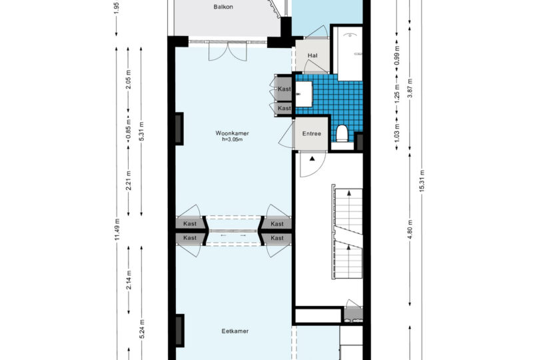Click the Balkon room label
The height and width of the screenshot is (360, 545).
coord(223,7)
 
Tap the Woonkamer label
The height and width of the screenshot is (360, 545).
coord(232,133)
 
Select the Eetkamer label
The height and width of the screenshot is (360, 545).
coord(235,331)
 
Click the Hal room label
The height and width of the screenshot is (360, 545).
coord(312,55)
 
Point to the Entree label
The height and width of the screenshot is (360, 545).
coord(311,133)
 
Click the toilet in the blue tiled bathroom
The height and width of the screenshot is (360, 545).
coord(342,133)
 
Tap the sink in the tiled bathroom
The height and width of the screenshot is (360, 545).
coord(304,94)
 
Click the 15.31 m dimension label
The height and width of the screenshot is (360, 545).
coord(422,181)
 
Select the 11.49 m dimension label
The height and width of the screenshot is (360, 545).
coord(117,229)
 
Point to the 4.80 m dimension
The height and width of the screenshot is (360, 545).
coord(410,229)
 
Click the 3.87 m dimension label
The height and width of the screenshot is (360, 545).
coord(410,89)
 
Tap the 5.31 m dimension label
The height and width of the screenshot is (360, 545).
coord(141,131)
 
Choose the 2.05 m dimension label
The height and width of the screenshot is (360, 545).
coord(129,79)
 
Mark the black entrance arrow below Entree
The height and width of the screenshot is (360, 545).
coord(312,159)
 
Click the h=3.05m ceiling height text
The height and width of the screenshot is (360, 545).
coord(232,139)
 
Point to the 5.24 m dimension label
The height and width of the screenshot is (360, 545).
coord(141,329)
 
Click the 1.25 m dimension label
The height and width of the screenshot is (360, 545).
coord(397,93)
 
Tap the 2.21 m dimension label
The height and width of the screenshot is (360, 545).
coord(129,181)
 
